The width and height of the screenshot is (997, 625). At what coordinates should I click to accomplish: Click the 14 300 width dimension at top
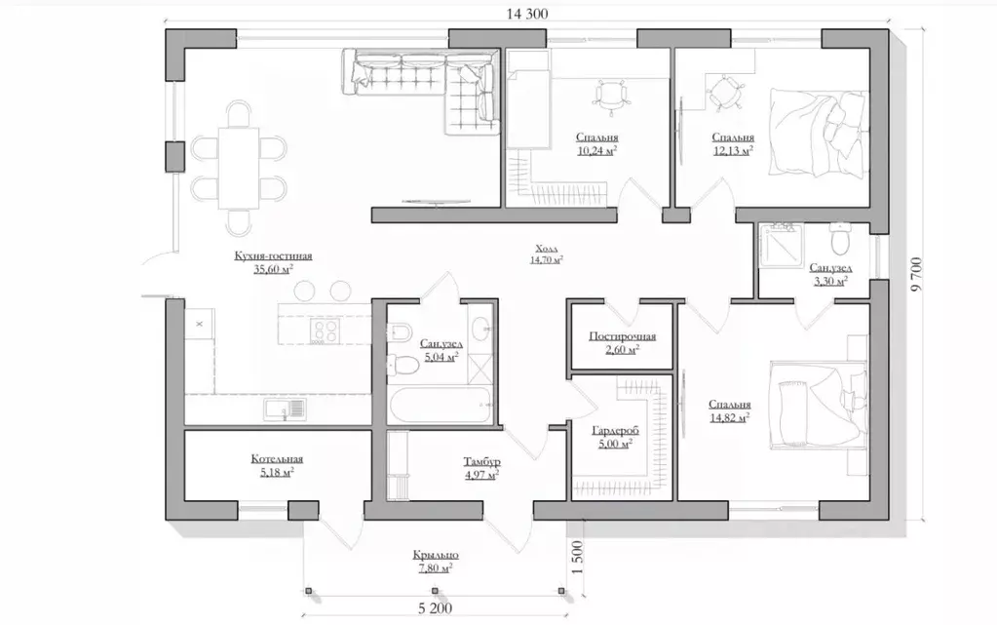point(527,14)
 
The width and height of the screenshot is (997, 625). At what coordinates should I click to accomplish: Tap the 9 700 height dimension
point(915,274)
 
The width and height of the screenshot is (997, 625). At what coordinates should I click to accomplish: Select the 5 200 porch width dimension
point(436,608)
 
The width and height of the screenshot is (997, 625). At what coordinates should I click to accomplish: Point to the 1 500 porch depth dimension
point(577,558)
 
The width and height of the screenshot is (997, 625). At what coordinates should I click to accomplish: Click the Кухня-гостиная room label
point(274,255)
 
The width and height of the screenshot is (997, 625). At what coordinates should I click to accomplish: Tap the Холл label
point(547,249)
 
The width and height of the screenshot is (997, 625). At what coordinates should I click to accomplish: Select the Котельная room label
point(277,459)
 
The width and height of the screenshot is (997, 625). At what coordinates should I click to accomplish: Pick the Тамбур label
point(482,461)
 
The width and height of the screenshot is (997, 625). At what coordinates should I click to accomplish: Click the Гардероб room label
point(615,431)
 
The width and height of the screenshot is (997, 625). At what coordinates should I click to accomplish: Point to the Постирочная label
point(623,336)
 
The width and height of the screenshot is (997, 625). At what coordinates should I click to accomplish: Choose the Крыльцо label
point(436,555)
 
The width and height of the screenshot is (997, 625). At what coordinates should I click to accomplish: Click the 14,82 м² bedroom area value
point(729,417)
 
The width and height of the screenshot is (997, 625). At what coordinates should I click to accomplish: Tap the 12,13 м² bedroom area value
point(733,150)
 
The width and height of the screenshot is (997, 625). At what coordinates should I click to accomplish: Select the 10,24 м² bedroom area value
point(597,150)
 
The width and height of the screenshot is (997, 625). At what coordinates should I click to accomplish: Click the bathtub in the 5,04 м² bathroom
point(440,405)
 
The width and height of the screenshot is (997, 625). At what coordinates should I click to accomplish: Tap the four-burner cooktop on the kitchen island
point(325,331)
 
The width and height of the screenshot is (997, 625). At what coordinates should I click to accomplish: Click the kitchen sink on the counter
point(285,410)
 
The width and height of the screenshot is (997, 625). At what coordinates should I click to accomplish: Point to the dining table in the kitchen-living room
point(239,168)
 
